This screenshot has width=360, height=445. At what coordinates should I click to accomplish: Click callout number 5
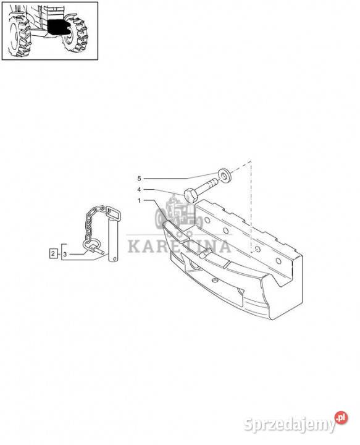point(139,179)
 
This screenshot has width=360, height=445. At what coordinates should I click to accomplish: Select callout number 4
point(139,189)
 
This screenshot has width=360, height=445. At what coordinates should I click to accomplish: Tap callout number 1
point(139,200)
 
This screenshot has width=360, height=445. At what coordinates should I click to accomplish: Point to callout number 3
point(65,254)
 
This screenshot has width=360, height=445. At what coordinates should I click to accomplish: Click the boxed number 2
point(53,253)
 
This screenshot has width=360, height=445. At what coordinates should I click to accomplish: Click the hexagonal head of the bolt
point(190,195)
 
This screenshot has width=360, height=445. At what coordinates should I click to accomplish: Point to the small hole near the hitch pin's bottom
point(114,258)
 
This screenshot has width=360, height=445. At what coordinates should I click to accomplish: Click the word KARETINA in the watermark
point(179,247)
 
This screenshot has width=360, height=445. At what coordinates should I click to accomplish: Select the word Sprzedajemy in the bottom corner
point(290,424)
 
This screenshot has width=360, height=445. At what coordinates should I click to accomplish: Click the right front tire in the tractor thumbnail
point(75,34)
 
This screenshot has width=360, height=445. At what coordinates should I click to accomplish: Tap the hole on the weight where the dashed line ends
point(257,249)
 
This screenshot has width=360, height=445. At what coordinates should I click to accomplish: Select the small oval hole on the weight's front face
point(215,281)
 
